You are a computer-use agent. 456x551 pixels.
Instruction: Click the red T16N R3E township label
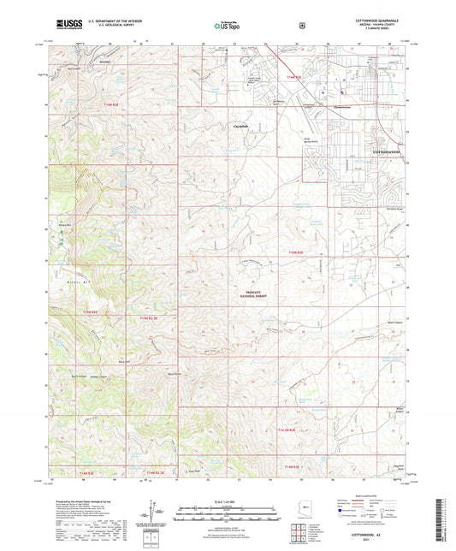tap(296, 79)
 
